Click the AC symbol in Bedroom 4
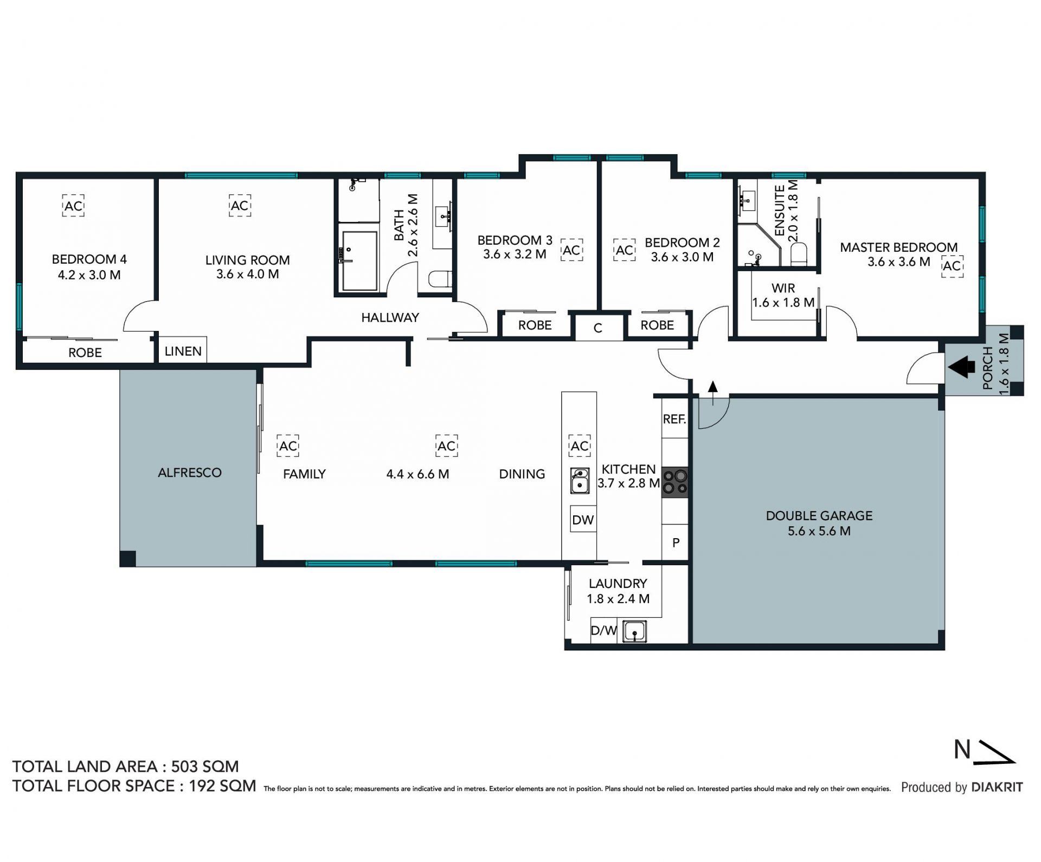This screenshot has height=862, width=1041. [73, 206]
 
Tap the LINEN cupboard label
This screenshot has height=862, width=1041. [183, 352]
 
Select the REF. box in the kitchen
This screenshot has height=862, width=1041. [674, 419]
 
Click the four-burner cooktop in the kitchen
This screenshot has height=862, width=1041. [675, 482]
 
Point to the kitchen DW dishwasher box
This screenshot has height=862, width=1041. [583, 520]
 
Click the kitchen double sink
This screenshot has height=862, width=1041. [580, 481]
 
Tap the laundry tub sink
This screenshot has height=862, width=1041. [634, 631]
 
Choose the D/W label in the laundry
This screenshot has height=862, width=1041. [603, 631]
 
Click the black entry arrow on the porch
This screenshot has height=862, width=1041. [961, 367]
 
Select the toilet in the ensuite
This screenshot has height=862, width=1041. [799, 255]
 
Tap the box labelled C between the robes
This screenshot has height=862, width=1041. [598, 328]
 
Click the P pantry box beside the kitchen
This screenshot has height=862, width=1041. [676, 542]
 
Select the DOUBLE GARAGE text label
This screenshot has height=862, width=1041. [819, 515]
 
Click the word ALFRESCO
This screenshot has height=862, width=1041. [190, 472]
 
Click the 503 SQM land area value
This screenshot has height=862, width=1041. [205, 767]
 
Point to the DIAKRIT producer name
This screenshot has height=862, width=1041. [997, 787]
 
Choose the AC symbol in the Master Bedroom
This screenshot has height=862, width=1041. [952, 266]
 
